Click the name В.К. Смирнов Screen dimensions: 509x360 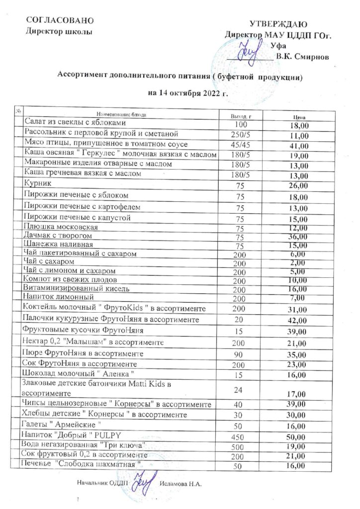click(x=303, y=57)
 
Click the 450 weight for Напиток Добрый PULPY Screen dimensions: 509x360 click(x=240, y=436)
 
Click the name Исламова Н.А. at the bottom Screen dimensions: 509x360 click(x=182, y=484)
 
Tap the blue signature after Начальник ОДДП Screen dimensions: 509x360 click(x=145, y=482)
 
